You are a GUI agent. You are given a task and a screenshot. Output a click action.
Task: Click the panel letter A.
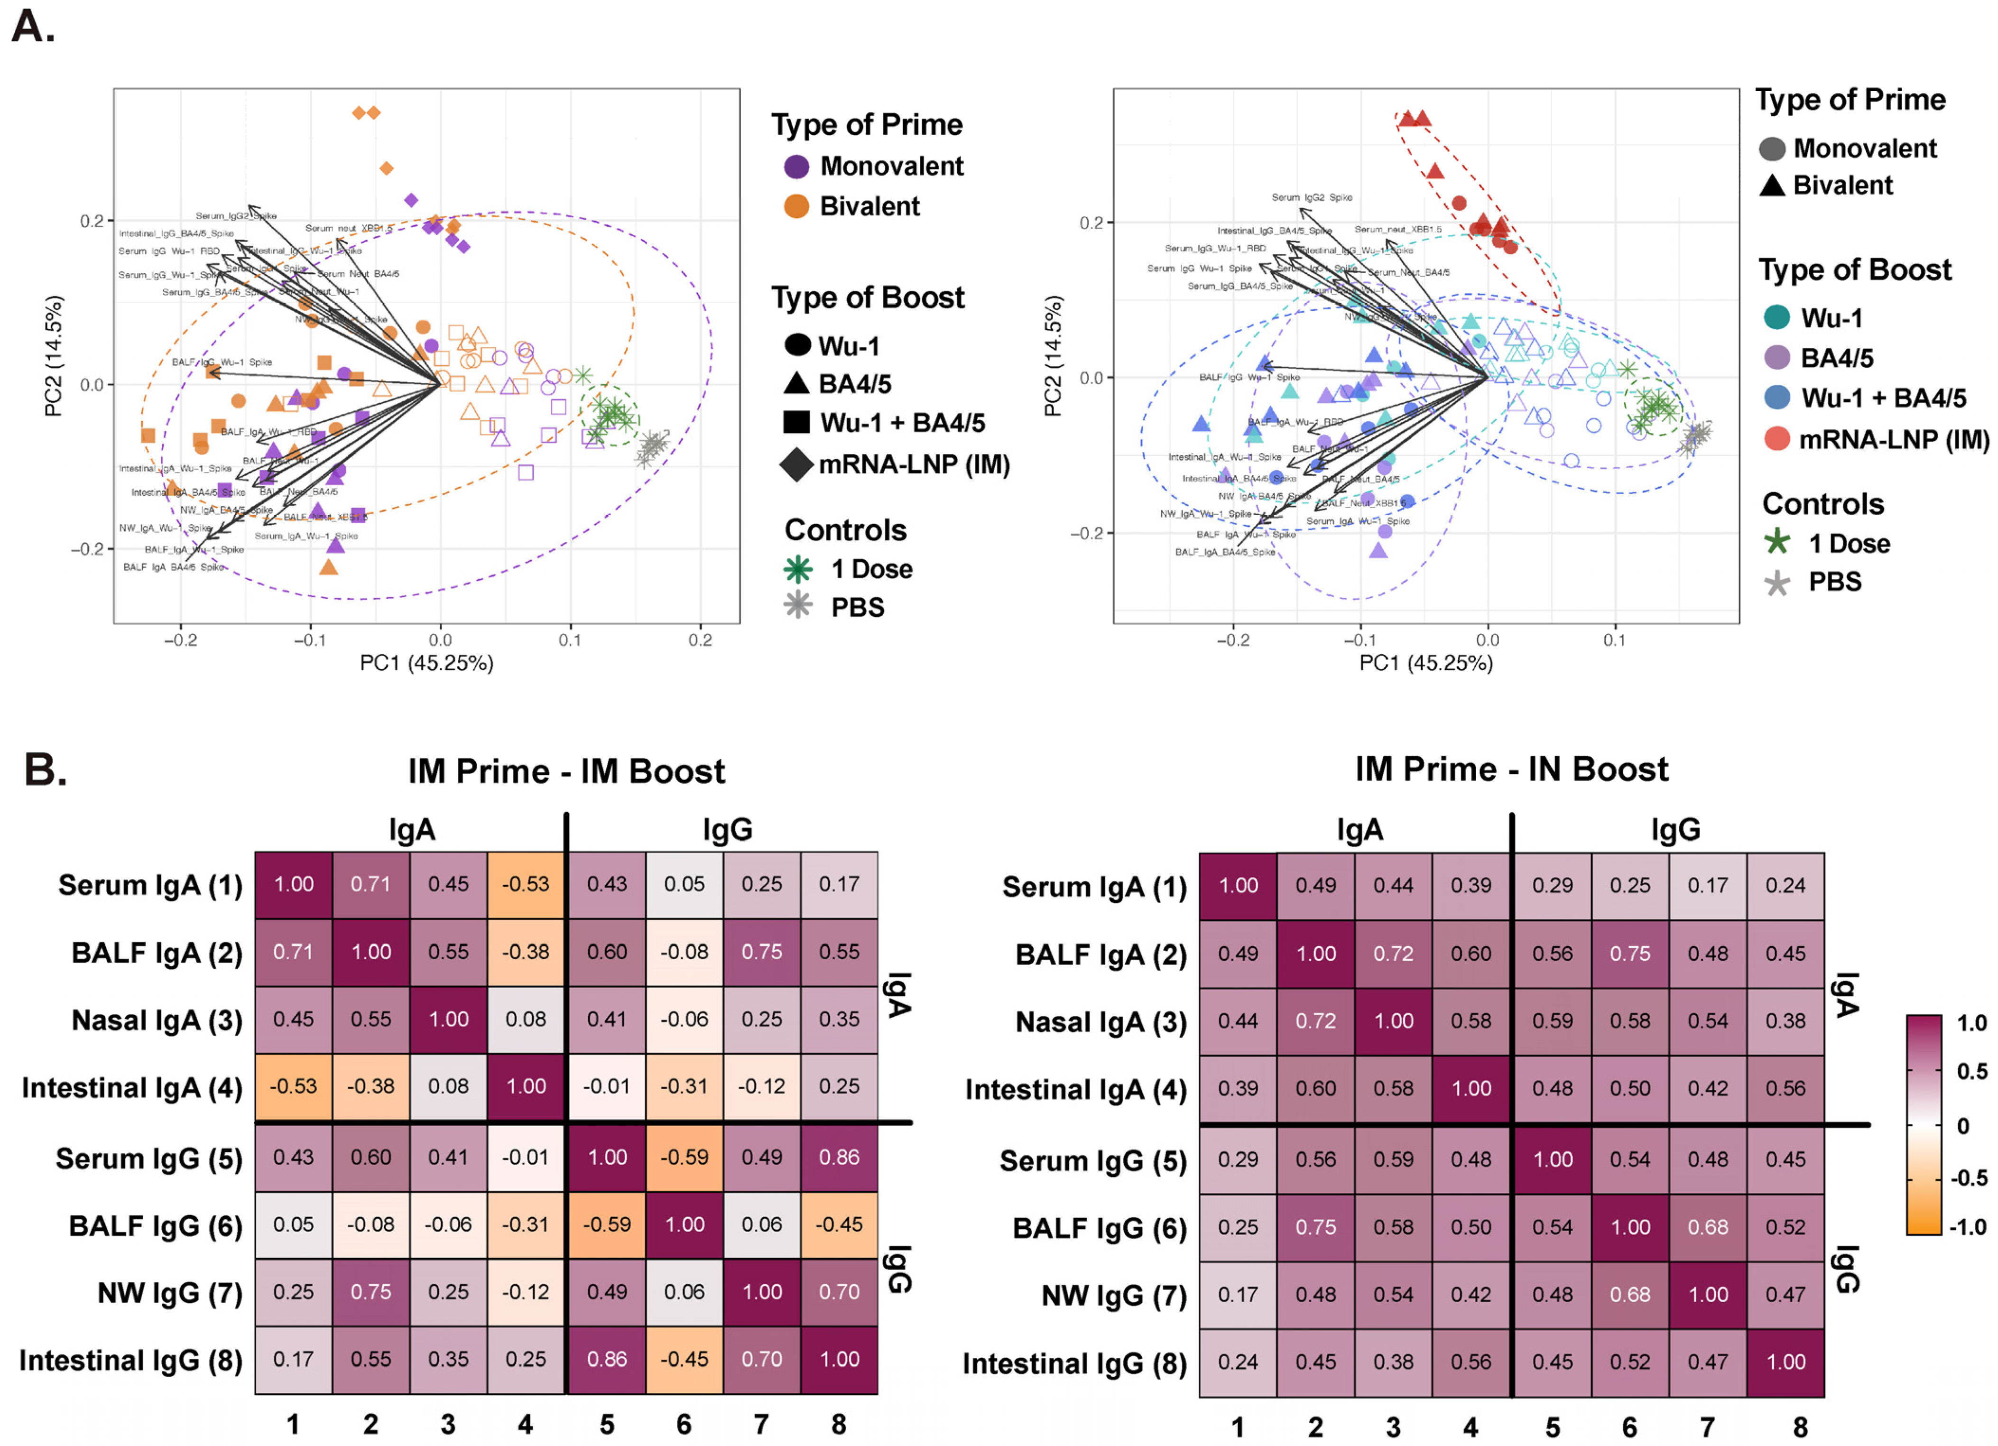[34, 27]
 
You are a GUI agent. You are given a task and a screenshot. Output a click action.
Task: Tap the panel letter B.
[44, 769]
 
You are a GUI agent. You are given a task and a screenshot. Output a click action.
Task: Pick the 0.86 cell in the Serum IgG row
[839, 1157]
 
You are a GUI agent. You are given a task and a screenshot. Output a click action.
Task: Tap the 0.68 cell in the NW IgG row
[1630, 1295]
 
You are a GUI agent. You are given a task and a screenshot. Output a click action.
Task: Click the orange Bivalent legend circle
[796, 206]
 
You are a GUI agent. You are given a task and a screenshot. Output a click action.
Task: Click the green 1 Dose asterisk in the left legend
[798, 569]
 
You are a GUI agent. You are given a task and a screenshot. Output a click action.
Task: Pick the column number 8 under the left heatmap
[839, 1424]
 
